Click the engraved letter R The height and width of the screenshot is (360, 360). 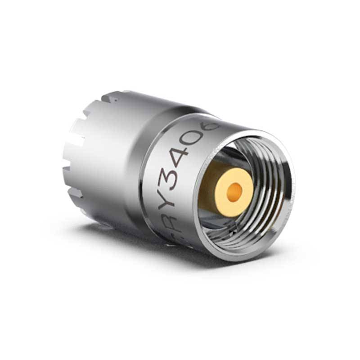(x=176, y=222)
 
